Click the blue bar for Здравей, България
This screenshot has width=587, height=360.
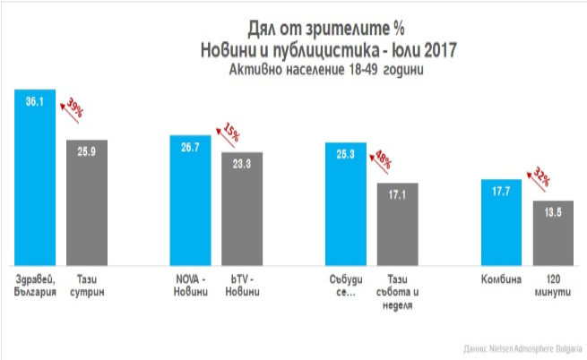pos(35,179)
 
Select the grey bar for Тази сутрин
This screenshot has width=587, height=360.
pos(87,201)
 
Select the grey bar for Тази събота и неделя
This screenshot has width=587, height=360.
pos(398,224)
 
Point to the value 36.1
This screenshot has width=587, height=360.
pos(35,103)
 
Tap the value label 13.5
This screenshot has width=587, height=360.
pos(553,213)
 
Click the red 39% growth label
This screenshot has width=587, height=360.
pos(75,111)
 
